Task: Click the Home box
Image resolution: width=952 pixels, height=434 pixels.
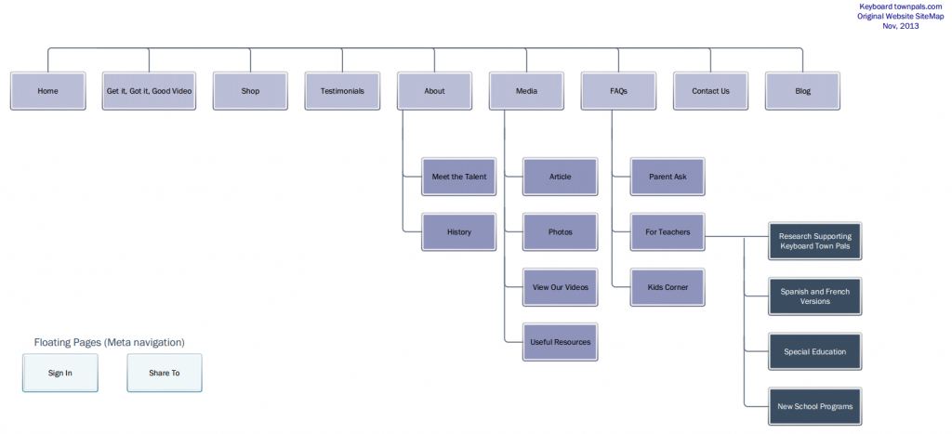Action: pyautogui.click(x=47, y=91)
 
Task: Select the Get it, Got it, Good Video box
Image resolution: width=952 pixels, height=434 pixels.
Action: pyautogui.click(x=150, y=91)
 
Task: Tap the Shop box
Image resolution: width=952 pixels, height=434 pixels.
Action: pyautogui.click(x=250, y=91)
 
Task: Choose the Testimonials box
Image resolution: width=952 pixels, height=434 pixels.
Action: pyautogui.click(x=342, y=91)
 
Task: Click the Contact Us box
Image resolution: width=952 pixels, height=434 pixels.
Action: pyautogui.click(x=710, y=91)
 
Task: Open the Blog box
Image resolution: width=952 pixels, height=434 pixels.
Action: pyautogui.click(x=802, y=91)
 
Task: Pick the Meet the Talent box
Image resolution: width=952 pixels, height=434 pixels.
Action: pyautogui.click(x=458, y=177)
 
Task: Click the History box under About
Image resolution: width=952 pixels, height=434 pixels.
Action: pyautogui.click(x=458, y=231)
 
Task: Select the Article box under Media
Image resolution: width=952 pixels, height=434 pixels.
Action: pyautogui.click(x=560, y=177)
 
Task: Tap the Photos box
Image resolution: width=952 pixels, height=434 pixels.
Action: pyautogui.click(x=560, y=231)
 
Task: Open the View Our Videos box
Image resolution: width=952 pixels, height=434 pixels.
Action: pyautogui.click(x=560, y=287)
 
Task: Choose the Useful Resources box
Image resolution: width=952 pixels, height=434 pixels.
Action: pyautogui.click(x=560, y=342)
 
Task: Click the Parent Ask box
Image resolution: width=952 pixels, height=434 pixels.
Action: pyautogui.click(x=668, y=177)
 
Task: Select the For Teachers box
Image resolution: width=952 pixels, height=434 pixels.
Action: pyautogui.click(x=668, y=231)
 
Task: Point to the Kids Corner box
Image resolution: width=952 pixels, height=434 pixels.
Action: pyautogui.click(x=668, y=287)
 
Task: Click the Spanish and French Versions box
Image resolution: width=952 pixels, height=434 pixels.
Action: pyautogui.click(x=814, y=296)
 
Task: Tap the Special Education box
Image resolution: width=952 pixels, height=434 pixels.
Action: pyautogui.click(x=814, y=351)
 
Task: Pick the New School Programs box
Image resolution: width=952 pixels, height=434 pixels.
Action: pyautogui.click(x=814, y=406)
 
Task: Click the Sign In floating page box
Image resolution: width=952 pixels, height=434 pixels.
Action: pyautogui.click(x=60, y=373)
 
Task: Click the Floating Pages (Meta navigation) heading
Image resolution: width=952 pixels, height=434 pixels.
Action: pyautogui.click(x=109, y=343)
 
